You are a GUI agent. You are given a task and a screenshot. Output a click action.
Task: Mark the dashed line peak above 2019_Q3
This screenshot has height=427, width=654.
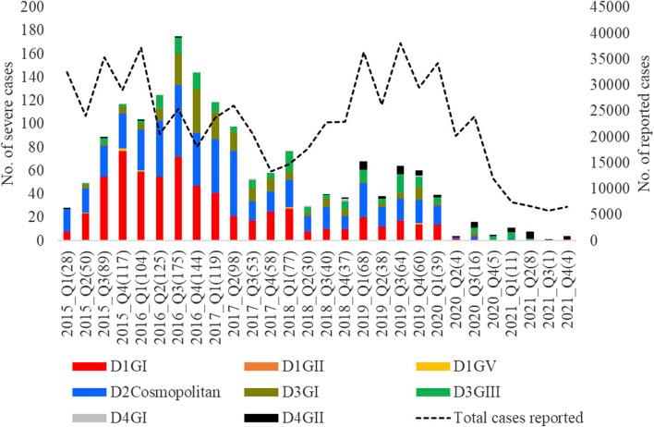401,43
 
